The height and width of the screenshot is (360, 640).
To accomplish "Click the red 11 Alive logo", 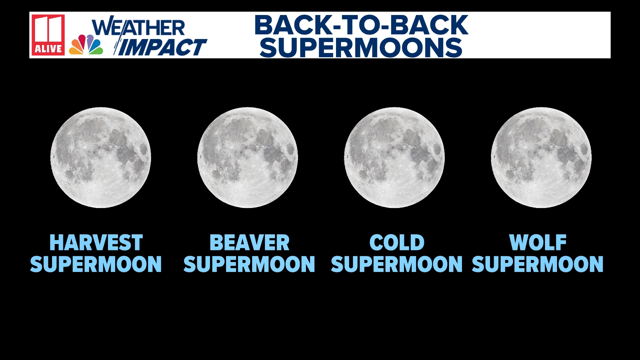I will point(48,35).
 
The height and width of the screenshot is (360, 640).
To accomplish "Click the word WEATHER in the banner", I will point(138,27).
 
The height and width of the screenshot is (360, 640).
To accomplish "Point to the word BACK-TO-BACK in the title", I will point(361,25).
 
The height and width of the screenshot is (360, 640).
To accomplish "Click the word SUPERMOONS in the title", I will point(361,48).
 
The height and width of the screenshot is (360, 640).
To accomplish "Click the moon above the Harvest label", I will point(101,158).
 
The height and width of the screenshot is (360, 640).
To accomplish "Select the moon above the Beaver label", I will point(247,158).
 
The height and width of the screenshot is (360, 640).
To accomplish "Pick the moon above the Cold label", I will point(394,158).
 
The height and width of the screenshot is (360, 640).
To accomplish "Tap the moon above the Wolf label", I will point(541,158).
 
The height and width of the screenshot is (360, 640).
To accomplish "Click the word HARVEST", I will point(96,243).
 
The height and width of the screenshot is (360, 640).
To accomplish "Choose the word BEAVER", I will point(249,243).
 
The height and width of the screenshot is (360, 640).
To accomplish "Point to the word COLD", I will point(397,243).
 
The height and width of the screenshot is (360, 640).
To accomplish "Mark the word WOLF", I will point(538,243).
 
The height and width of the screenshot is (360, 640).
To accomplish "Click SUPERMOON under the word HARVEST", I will point(96,264).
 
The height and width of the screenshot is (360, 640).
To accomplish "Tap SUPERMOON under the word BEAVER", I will point(249,264).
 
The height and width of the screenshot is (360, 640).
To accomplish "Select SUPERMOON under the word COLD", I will point(397,264).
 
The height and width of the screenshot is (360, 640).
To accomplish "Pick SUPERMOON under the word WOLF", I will point(538,264).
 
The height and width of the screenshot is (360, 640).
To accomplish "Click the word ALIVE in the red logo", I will point(48,49).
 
